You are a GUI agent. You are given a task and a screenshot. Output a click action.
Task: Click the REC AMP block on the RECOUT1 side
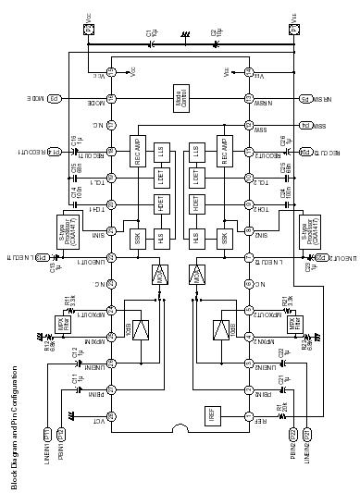tap(140, 150)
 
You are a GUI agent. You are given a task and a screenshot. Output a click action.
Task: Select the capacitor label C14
tap(74, 193)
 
